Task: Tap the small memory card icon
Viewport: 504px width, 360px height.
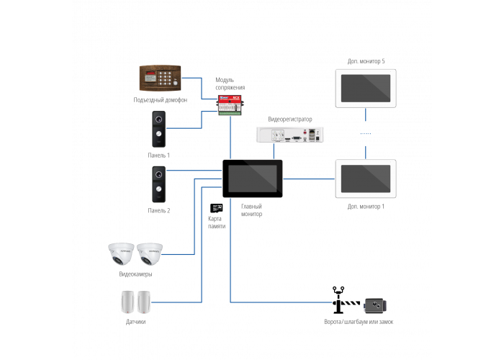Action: tap(215, 208)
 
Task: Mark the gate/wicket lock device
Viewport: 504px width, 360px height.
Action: tap(374, 305)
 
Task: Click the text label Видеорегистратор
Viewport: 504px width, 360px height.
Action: tap(290, 118)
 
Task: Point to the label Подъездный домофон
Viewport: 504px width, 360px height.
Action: tap(160, 100)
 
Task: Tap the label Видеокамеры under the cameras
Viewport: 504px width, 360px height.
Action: tap(135, 274)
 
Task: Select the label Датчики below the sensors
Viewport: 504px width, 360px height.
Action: tap(136, 322)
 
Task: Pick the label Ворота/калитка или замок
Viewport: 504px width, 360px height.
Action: tap(359, 322)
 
